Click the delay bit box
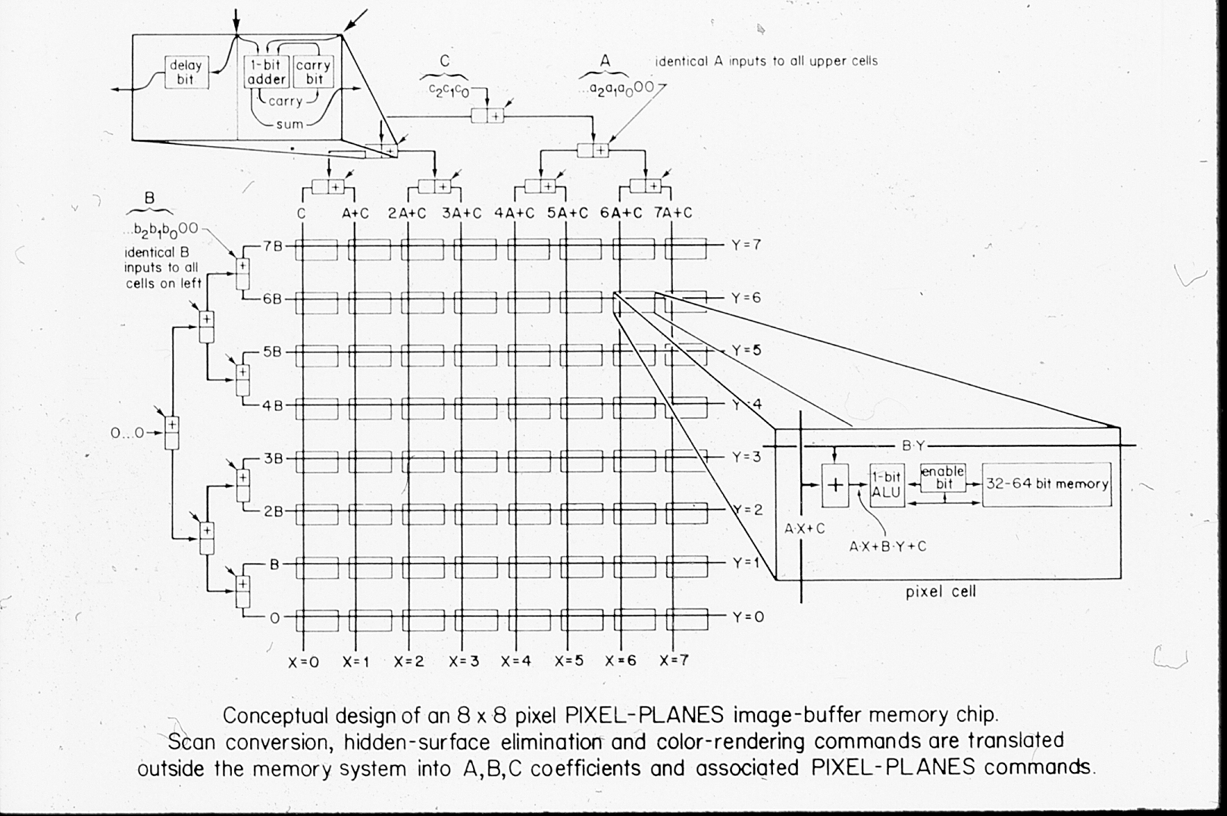(x=186, y=72)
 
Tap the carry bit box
(x=313, y=72)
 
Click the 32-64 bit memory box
(x=1047, y=484)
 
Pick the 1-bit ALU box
(x=887, y=485)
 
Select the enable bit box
(x=943, y=477)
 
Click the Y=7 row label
(x=746, y=245)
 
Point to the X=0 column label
(x=303, y=661)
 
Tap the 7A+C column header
(x=673, y=214)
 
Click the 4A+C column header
(x=515, y=214)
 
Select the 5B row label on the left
(x=272, y=352)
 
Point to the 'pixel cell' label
(x=941, y=592)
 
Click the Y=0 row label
(x=747, y=617)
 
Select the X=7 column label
(x=674, y=661)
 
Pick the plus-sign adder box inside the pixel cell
(x=834, y=485)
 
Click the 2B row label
(x=273, y=511)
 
